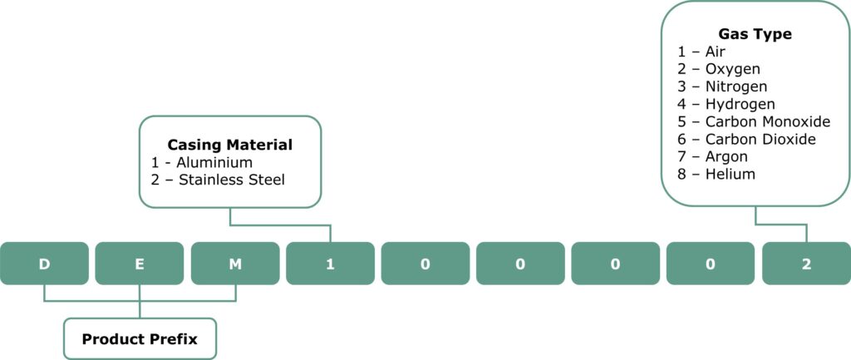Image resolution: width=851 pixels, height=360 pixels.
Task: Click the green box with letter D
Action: pyautogui.click(x=44, y=264)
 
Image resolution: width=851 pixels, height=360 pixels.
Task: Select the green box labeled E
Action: pyautogui.click(x=140, y=264)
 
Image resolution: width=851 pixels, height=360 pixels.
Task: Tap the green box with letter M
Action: pyautogui.click(x=235, y=264)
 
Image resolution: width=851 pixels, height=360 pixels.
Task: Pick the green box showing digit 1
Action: pyautogui.click(x=330, y=264)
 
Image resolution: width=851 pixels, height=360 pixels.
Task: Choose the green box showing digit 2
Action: pyautogui.click(x=806, y=264)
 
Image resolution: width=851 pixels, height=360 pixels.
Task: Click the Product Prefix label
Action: pyautogui.click(x=140, y=339)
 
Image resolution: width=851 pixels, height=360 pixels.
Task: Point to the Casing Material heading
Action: pyautogui.click(x=230, y=145)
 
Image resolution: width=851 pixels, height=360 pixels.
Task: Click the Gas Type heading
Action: pyautogui.click(x=755, y=34)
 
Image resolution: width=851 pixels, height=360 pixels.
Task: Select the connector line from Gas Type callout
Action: pyautogui.click(x=781, y=224)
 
